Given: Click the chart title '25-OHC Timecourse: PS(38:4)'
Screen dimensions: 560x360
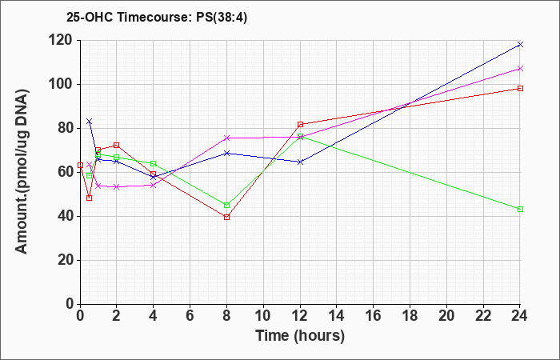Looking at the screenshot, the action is (x=157, y=18).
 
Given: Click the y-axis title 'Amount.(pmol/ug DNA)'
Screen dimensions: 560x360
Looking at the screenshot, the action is (x=22, y=172).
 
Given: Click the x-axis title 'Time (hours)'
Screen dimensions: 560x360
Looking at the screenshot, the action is (x=300, y=336).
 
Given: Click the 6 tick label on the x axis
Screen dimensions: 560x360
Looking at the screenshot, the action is (x=190, y=316).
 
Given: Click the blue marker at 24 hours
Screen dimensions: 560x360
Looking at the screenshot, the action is (x=520, y=44).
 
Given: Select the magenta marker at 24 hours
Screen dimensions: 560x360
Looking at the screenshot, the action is (x=520, y=68).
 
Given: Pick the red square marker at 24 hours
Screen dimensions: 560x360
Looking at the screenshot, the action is (x=520, y=88).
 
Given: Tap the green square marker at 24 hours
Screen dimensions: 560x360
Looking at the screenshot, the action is (x=520, y=209).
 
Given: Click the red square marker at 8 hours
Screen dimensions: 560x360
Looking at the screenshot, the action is (x=226, y=217).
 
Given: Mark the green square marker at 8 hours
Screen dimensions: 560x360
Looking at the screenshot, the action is (x=226, y=205).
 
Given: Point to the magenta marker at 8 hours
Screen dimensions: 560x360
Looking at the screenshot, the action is (x=226, y=138).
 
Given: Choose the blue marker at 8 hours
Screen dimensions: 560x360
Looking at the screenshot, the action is (x=226, y=154).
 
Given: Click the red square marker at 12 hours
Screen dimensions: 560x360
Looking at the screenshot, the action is (x=300, y=124).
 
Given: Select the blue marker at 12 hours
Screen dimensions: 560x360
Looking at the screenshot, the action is (x=300, y=162).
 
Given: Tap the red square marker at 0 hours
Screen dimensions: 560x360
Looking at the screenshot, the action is (x=80, y=165).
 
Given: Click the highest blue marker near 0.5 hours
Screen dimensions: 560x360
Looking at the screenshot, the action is (x=90, y=122).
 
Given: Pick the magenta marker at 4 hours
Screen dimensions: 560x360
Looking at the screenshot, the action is (x=154, y=185).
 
